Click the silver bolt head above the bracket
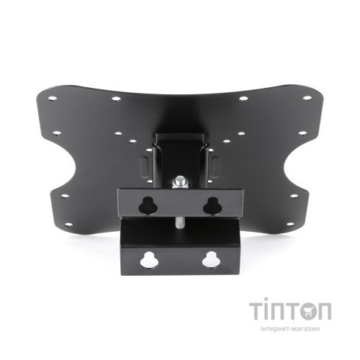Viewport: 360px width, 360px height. (x=179, y=182)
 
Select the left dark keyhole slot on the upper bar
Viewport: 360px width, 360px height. (x=148, y=205)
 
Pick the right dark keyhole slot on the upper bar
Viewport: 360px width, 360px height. (x=212, y=205)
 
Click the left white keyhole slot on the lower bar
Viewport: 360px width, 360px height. (x=149, y=260)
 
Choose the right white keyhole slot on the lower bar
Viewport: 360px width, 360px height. (x=210, y=260)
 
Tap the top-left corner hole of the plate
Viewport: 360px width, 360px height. (x=53, y=99)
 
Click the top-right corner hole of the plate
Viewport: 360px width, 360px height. (x=307, y=98)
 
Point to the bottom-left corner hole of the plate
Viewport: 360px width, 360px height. (x=68, y=225)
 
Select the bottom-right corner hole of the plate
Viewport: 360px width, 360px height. (x=290, y=225)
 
